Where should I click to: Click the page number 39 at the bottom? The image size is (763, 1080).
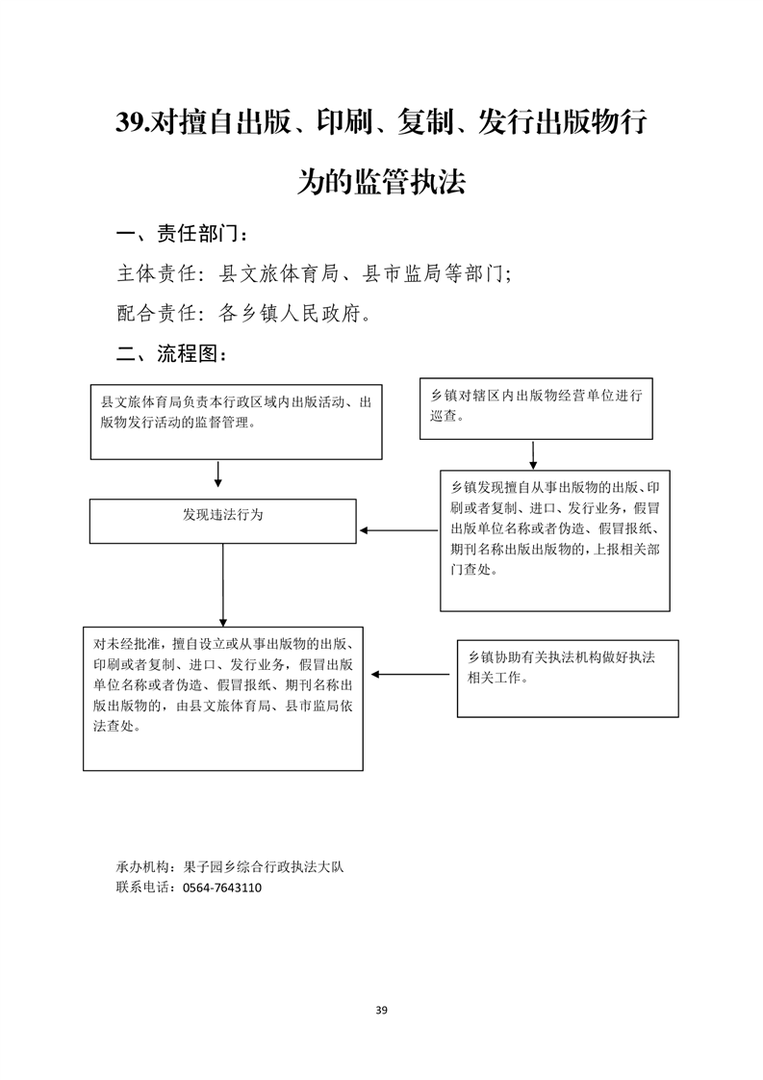[381, 1010]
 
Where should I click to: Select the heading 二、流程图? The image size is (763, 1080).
[171, 354]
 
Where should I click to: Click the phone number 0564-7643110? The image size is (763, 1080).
[221, 887]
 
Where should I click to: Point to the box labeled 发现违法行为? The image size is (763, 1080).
[222, 522]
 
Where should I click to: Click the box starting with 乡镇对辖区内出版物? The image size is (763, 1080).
[536, 408]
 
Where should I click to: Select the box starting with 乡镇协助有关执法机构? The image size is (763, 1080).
[568, 679]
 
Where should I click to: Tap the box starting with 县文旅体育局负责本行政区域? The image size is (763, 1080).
[236, 423]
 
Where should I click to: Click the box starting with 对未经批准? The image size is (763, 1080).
[223, 699]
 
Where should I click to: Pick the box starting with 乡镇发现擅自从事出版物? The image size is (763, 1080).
[555, 541]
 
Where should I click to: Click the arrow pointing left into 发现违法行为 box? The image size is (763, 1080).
[398, 530]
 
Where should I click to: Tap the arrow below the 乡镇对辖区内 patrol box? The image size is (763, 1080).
[533, 455]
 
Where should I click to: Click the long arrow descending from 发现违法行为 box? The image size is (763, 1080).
[222, 585]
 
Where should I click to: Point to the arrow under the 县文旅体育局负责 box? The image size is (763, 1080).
[217, 475]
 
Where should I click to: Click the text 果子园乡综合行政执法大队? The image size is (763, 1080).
[263, 867]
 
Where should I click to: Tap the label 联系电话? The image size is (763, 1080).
[142, 887]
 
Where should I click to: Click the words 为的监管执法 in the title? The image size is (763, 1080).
[381, 182]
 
